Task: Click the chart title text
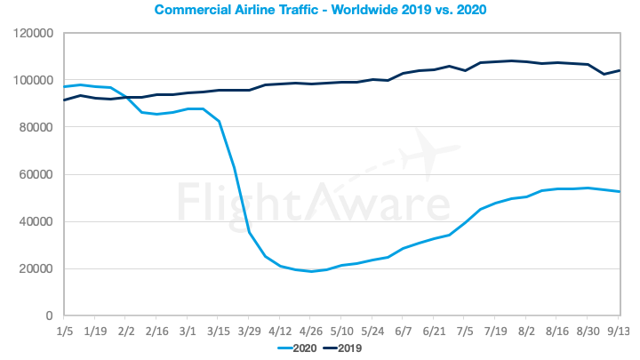tap(320, 11)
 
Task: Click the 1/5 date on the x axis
tap(64, 331)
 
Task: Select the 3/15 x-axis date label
tap(219, 331)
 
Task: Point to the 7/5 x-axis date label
tap(464, 331)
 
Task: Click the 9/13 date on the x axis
tap(619, 331)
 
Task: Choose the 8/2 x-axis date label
tap(526, 331)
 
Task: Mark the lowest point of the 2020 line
tap(311, 271)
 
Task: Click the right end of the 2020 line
tap(619, 192)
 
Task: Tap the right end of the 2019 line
tap(619, 70)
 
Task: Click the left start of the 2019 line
tap(64, 100)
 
